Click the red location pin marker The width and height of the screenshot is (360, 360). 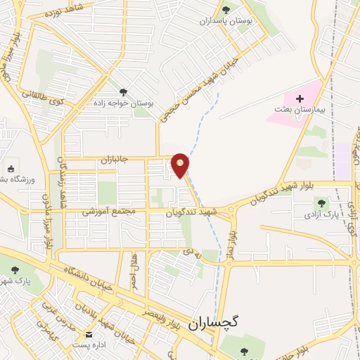pos(181,165)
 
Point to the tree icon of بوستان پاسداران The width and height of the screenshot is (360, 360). pos(226,9)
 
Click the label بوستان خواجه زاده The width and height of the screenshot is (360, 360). pos(124,103)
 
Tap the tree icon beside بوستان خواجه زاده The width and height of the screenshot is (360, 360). pos(124,91)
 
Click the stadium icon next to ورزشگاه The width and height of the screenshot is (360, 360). pos(11,169)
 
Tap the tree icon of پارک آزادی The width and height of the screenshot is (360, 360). pos(321,203)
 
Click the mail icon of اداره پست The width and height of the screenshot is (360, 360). pos(89,335)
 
